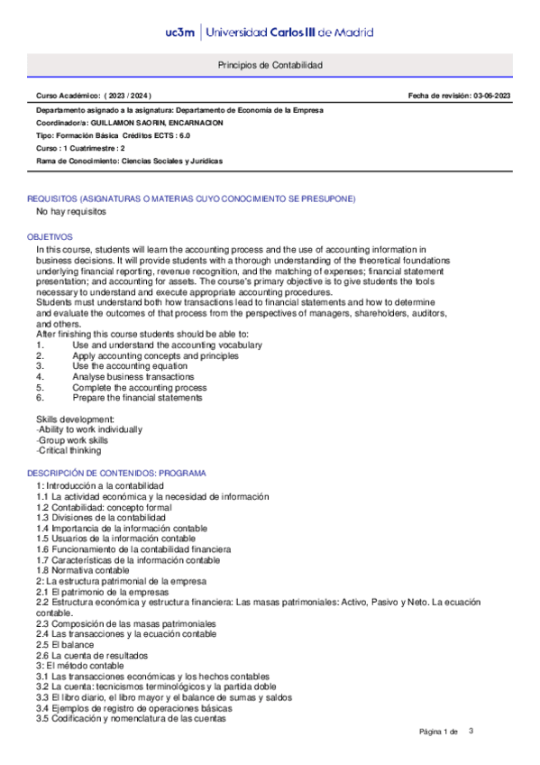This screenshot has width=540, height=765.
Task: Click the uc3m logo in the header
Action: pos(179,32)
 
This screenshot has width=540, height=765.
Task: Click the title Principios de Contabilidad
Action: pos(270,66)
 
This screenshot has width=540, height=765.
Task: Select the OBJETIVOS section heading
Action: pos(50,236)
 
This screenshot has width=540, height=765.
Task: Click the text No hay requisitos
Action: pos(71,212)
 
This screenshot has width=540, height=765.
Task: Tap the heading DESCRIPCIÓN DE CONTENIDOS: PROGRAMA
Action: pos(116,473)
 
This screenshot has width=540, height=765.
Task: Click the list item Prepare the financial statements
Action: pos(137,398)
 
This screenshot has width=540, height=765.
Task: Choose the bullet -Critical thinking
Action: pos(69,450)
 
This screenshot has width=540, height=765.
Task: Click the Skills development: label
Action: pos(75,419)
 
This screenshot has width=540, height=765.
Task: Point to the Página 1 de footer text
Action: pos(440,731)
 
